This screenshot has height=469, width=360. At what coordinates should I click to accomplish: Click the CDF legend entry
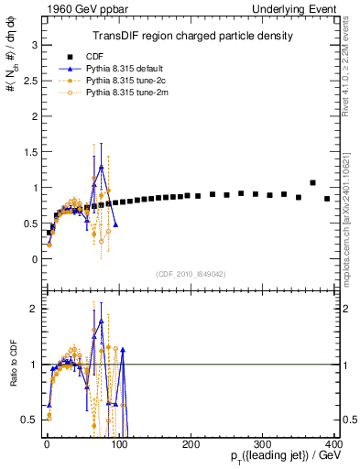[107, 55]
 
